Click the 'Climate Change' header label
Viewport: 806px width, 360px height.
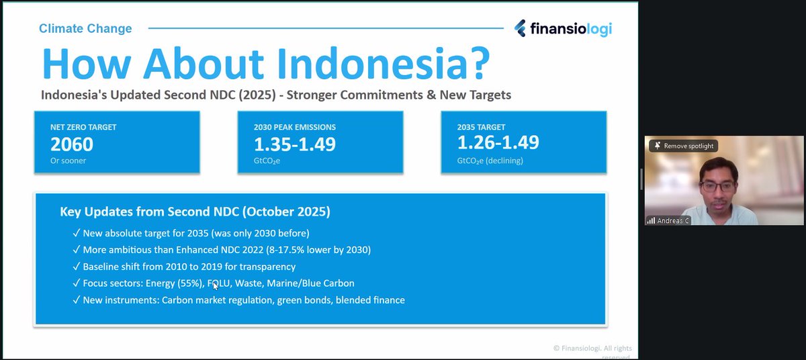click(85, 28)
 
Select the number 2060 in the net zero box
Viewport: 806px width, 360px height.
click(72, 144)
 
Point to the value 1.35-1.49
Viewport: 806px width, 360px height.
click(294, 144)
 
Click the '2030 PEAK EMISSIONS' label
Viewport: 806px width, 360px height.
click(294, 127)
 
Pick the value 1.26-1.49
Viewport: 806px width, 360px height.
click(498, 142)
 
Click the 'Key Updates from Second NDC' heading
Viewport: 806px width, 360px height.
click(195, 212)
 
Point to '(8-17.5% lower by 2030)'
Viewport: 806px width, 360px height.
click(314, 250)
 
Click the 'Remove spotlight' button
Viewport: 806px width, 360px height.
click(682, 146)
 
